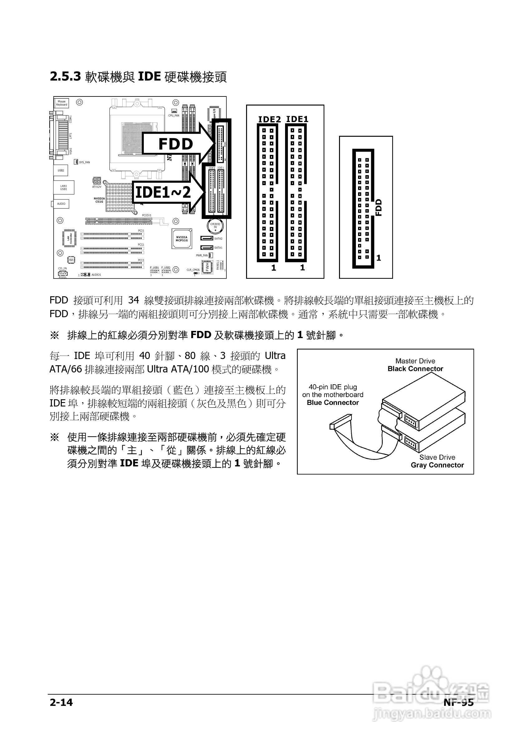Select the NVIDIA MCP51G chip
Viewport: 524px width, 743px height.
coord(182,239)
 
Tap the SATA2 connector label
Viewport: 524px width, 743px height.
coord(218,239)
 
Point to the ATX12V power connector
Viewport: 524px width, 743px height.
coord(97,180)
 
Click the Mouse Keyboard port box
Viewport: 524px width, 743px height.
coord(61,103)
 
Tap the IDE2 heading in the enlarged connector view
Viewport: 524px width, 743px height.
coord(269,119)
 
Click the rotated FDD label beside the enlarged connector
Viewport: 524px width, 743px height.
coord(379,207)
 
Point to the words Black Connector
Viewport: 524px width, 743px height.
coord(415,369)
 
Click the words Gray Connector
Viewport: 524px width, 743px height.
coord(437,465)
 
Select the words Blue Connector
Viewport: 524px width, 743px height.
coord(332,403)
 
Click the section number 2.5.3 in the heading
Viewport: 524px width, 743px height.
coord(65,77)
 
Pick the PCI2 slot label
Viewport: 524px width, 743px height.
coord(141,245)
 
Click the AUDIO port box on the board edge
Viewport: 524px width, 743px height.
coord(61,204)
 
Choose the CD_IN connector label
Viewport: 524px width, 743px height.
coord(62,268)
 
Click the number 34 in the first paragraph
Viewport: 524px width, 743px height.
coord(133,301)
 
